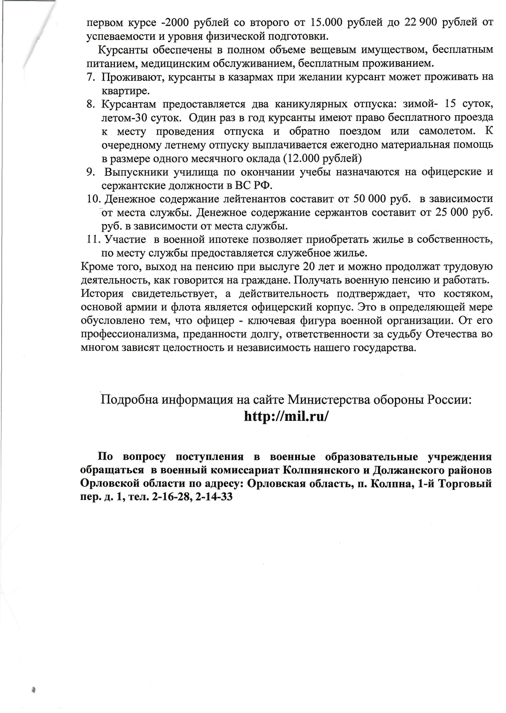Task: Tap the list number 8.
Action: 91,104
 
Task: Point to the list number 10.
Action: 93,199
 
